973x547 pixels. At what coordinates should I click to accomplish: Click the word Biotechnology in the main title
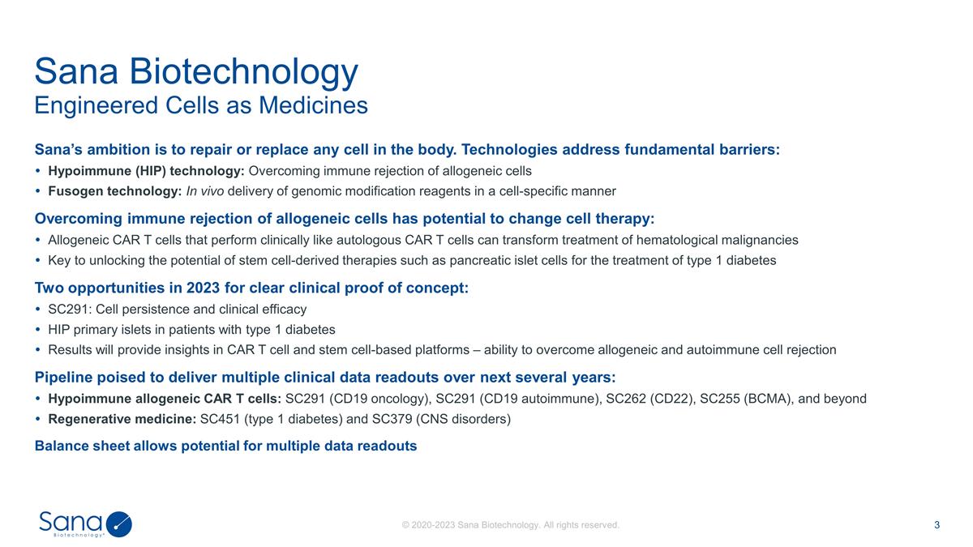(244, 72)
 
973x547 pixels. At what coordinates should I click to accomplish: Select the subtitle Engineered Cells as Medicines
(201, 105)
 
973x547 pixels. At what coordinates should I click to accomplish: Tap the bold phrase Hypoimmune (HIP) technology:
(146, 171)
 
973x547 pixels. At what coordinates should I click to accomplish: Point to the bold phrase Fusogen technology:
(114, 191)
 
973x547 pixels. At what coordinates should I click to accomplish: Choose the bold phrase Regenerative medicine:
(122, 419)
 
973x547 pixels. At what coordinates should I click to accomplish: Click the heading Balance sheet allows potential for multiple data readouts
(225, 446)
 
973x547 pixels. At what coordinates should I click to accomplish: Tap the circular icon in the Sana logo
(119, 524)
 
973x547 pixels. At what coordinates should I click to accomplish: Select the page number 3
(937, 525)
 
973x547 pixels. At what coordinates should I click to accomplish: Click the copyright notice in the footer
(511, 525)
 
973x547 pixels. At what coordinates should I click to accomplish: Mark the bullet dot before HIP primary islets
(39, 330)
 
